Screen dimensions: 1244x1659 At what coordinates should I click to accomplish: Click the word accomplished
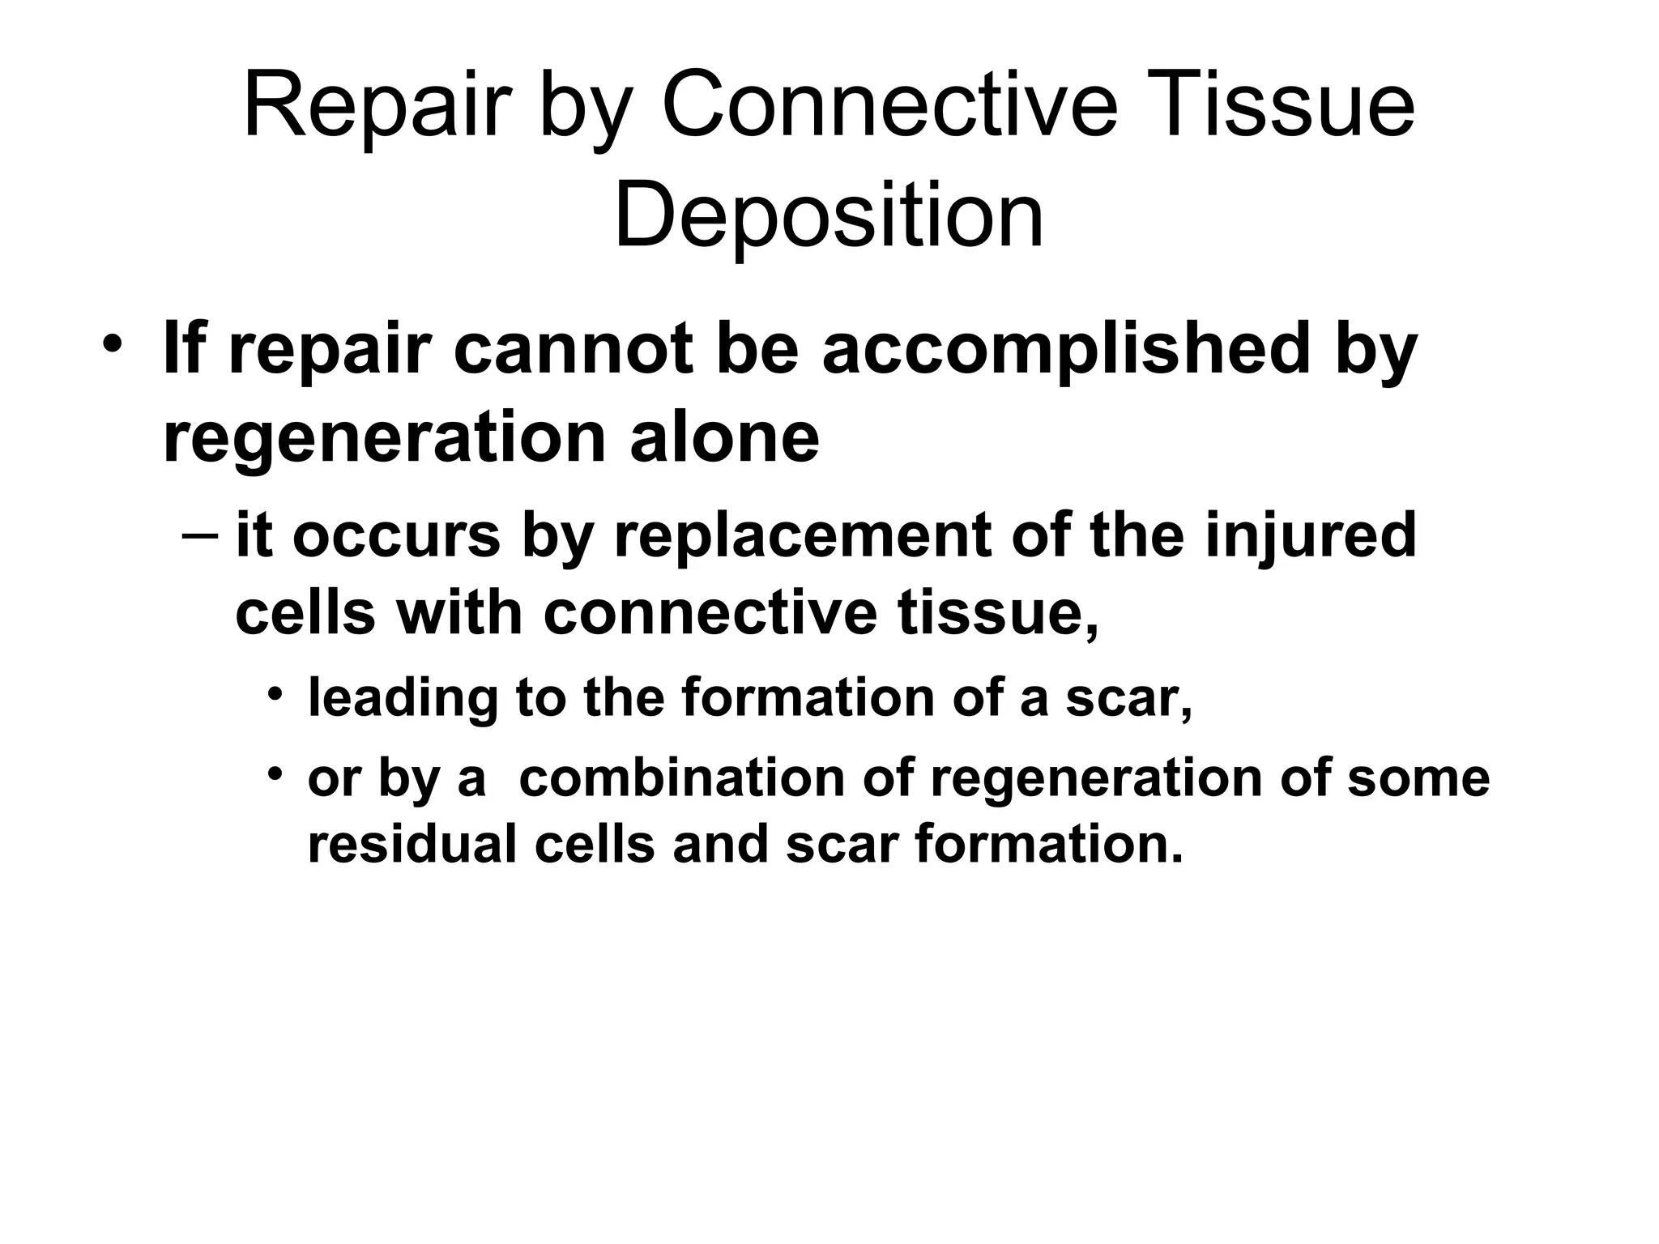[1066, 350]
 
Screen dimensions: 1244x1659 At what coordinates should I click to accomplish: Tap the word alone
[724, 437]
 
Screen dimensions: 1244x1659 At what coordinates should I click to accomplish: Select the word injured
[1310, 536]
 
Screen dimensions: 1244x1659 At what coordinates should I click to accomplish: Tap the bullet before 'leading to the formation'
[276, 693]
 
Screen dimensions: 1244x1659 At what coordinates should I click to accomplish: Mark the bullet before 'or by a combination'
[276, 774]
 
